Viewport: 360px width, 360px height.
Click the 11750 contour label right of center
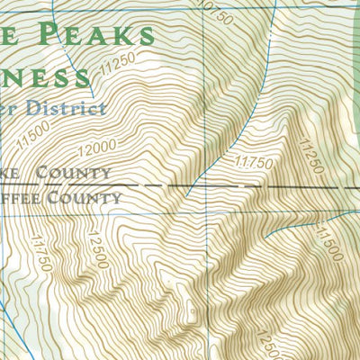[253, 163]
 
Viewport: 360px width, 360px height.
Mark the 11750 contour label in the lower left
[40, 251]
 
